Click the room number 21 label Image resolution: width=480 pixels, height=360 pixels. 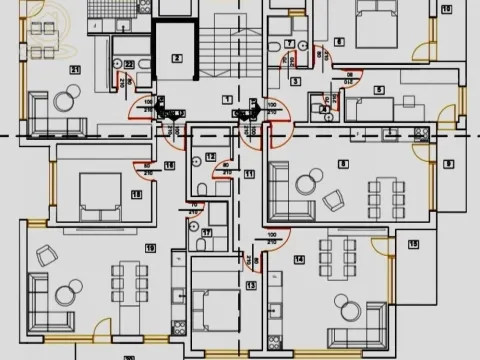click(x=76, y=69)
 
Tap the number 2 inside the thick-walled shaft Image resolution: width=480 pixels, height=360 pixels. click(x=177, y=58)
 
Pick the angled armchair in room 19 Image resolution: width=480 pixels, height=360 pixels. click(x=46, y=255)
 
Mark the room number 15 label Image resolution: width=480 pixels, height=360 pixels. click(x=413, y=244)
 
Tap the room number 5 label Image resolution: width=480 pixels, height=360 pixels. click(x=379, y=91)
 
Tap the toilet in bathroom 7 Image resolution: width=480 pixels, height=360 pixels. click(x=274, y=46)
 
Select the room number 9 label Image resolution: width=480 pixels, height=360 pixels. click(x=448, y=163)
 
